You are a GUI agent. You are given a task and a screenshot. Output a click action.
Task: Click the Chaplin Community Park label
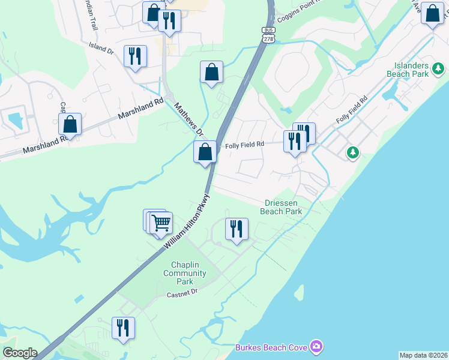tap(185, 273)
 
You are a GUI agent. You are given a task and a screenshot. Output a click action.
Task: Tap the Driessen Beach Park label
tap(281, 207)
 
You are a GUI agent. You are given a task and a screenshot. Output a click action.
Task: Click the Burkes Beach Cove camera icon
tap(316, 346)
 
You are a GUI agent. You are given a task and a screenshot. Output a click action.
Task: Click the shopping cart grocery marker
tap(161, 223)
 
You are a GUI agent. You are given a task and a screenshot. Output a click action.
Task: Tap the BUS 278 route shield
tap(268, 34)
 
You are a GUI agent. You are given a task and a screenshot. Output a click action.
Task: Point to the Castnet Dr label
tap(182, 293)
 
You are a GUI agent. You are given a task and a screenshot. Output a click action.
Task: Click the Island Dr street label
tap(101, 48)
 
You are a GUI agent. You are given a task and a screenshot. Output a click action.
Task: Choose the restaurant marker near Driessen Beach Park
tap(237, 229)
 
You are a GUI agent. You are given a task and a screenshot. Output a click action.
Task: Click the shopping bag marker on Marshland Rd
tap(70, 125)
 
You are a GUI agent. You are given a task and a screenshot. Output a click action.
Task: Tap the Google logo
tap(20, 353)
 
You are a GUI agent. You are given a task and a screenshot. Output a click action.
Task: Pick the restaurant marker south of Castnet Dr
tap(124, 328)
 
